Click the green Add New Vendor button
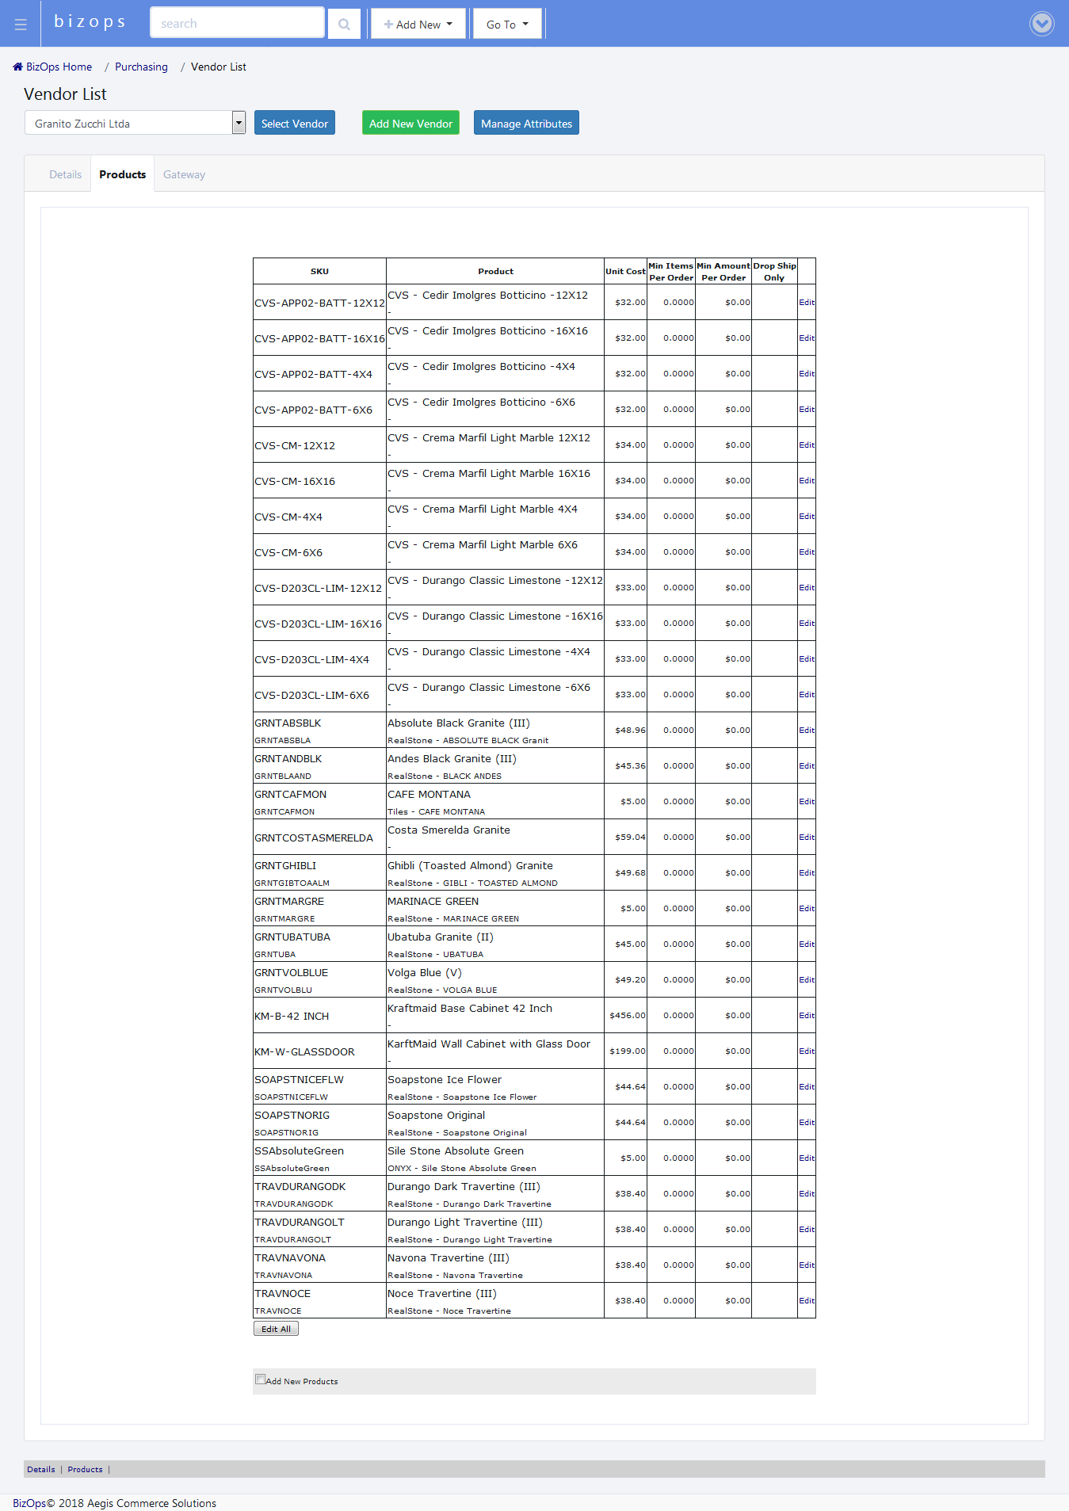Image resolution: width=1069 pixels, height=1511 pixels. point(410,124)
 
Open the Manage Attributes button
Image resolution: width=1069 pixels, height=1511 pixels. point(526,124)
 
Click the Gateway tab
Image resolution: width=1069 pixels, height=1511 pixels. point(184,175)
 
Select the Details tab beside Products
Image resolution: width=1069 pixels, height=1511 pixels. point(65,175)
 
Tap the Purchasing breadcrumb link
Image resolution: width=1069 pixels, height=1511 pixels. point(141,67)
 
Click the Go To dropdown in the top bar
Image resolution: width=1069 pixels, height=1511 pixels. point(507,25)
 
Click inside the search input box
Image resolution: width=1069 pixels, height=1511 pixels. point(237,24)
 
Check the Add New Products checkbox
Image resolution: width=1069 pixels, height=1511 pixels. point(260,1379)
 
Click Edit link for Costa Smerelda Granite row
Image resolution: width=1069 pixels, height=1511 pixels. point(806,838)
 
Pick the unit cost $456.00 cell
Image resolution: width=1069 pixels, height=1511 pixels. point(627,1016)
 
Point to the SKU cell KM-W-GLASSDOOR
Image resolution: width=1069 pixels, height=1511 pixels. point(304,1052)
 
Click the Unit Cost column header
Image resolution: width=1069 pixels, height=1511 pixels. point(625,272)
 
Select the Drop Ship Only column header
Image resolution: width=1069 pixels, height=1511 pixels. point(774,272)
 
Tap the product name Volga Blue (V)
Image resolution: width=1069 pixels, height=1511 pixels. point(424,973)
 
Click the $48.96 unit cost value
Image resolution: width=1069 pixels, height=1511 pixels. point(630,731)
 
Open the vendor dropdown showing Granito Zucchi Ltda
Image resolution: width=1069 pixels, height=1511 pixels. point(136,124)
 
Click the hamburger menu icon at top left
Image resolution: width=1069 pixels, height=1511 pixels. point(21,25)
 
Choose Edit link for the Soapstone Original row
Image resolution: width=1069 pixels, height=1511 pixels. point(806,1123)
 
